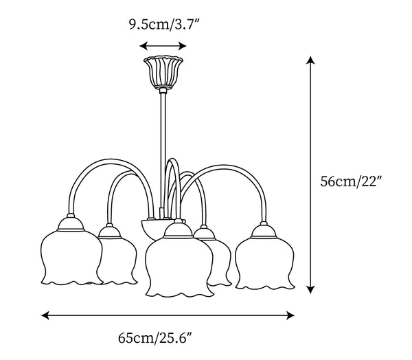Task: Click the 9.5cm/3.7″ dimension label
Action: tap(163, 25)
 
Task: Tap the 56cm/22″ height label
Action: tap(351, 181)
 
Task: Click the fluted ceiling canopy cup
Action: tap(163, 71)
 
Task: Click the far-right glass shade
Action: tap(264, 263)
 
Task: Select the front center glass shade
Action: tap(179, 267)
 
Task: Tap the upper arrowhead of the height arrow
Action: tap(310, 60)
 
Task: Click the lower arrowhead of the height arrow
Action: tap(310, 289)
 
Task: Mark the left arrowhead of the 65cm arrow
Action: tap(45, 315)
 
